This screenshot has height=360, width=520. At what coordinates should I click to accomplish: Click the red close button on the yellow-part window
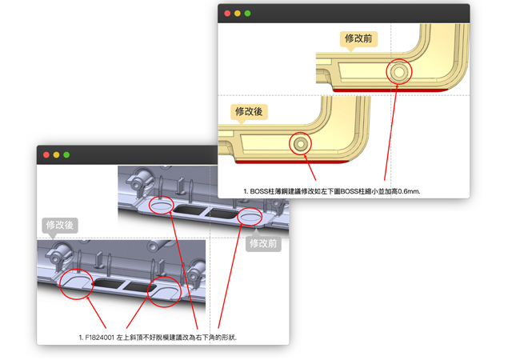tap(227, 14)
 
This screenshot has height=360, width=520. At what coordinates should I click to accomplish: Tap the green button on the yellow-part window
tap(247, 14)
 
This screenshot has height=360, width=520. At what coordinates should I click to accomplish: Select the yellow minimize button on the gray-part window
tap(56, 155)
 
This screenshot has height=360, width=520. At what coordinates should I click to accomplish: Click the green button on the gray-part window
tap(66, 155)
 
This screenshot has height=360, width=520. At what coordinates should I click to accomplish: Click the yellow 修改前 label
tap(358, 39)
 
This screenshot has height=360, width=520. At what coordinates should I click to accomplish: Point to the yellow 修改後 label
tap(249, 112)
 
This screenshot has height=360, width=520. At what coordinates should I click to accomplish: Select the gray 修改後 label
tap(60, 226)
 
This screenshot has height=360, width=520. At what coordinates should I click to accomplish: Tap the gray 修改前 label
tap(263, 244)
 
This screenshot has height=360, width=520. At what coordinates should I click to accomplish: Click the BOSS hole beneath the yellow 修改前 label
tap(399, 72)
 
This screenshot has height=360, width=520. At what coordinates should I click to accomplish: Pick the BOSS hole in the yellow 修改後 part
tap(301, 144)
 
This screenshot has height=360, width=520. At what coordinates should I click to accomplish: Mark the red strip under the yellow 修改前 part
tap(390, 90)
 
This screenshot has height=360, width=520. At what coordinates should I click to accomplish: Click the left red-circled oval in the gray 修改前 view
tap(162, 206)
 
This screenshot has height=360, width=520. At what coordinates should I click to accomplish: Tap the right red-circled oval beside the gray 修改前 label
tap(250, 217)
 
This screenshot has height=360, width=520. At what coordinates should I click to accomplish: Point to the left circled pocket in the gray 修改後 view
tap(76, 283)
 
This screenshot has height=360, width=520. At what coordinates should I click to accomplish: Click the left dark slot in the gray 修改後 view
tap(109, 283)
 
